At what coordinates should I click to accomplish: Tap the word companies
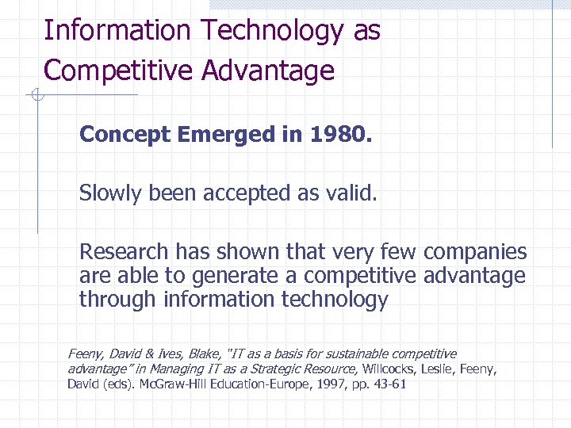pos(475,252)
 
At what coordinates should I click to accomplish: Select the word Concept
pos(125,134)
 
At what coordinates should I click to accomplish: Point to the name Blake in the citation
pos(205,354)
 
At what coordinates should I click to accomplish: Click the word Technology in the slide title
pos(270,31)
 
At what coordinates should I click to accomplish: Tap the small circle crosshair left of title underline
pos(35,96)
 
